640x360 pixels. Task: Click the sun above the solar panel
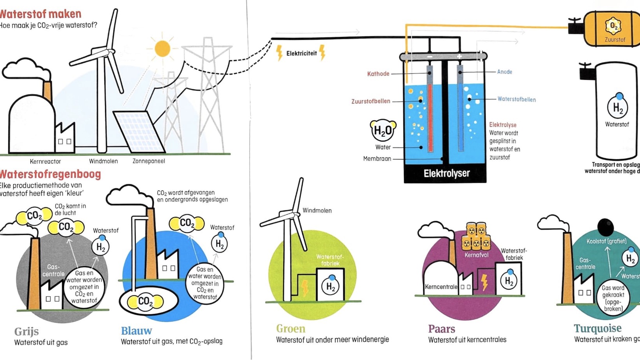(162, 49)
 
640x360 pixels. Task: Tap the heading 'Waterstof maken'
(40, 14)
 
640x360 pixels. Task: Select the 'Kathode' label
(378, 74)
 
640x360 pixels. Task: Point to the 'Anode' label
(504, 72)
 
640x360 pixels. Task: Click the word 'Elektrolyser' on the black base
(446, 173)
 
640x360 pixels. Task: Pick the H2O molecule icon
(383, 131)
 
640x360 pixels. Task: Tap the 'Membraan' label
(377, 159)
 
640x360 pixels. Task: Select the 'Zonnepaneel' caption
(149, 161)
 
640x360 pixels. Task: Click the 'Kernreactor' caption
(45, 161)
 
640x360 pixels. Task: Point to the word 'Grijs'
(26, 332)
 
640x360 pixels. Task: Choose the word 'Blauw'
(136, 331)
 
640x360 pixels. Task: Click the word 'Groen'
(290, 329)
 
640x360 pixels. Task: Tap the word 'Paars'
(441, 329)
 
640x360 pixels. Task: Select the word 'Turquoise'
(597, 329)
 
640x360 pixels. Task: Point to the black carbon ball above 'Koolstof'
(605, 227)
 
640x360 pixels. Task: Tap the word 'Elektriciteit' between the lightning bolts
(301, 53)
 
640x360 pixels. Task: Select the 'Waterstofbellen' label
(516, 100)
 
